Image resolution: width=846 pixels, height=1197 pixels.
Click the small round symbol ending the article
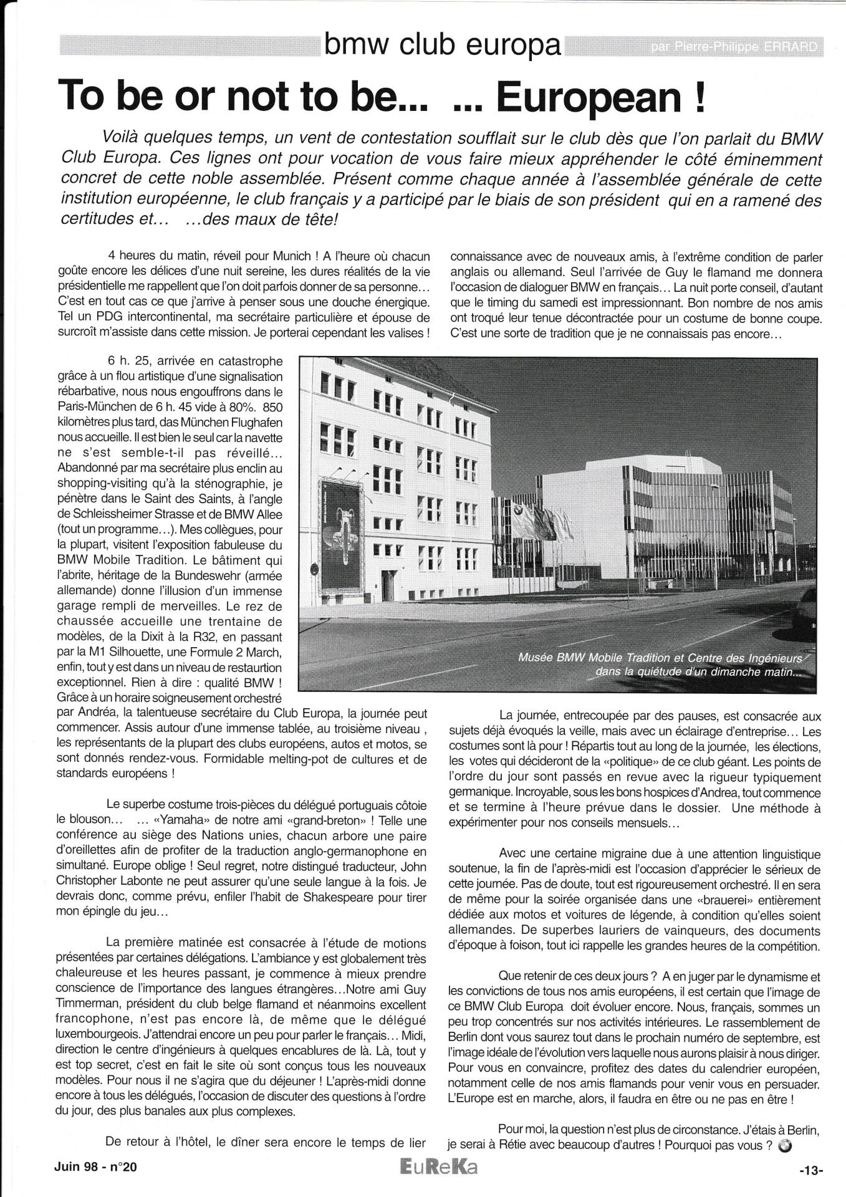786,1145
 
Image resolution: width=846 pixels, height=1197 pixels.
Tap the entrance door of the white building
388,586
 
